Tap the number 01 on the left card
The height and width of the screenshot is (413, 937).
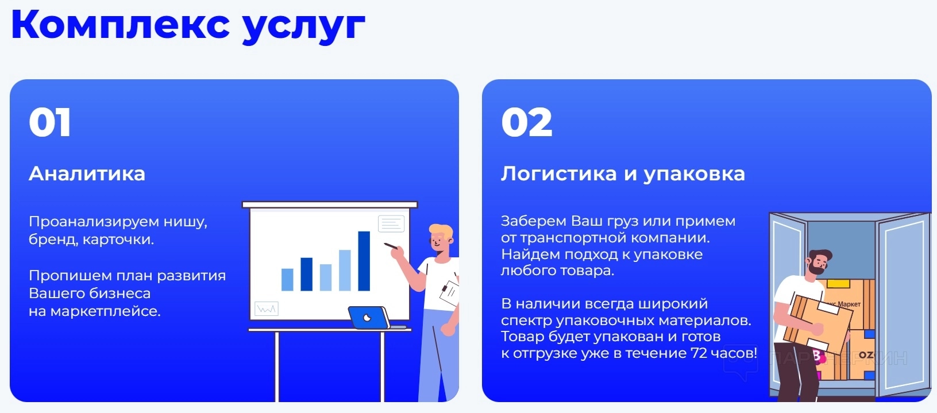tap(50, 122)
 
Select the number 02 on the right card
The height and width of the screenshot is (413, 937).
tap(527, 122)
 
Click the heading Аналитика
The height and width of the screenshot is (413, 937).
tap(87, 173)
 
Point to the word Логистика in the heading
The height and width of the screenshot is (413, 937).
tap(559, 173)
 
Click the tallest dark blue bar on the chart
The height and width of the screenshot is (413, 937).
tap(364, 261)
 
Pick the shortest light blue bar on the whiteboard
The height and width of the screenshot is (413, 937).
tap(287, 280)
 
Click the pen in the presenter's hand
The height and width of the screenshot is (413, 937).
tap(391, 246)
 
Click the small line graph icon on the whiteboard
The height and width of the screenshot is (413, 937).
tap(267, 309)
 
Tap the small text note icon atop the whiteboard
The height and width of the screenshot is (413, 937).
tap(391, 223)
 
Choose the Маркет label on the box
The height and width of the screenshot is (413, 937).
tap(849, 304)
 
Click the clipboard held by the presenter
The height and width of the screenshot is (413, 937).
tap(449, 292)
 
